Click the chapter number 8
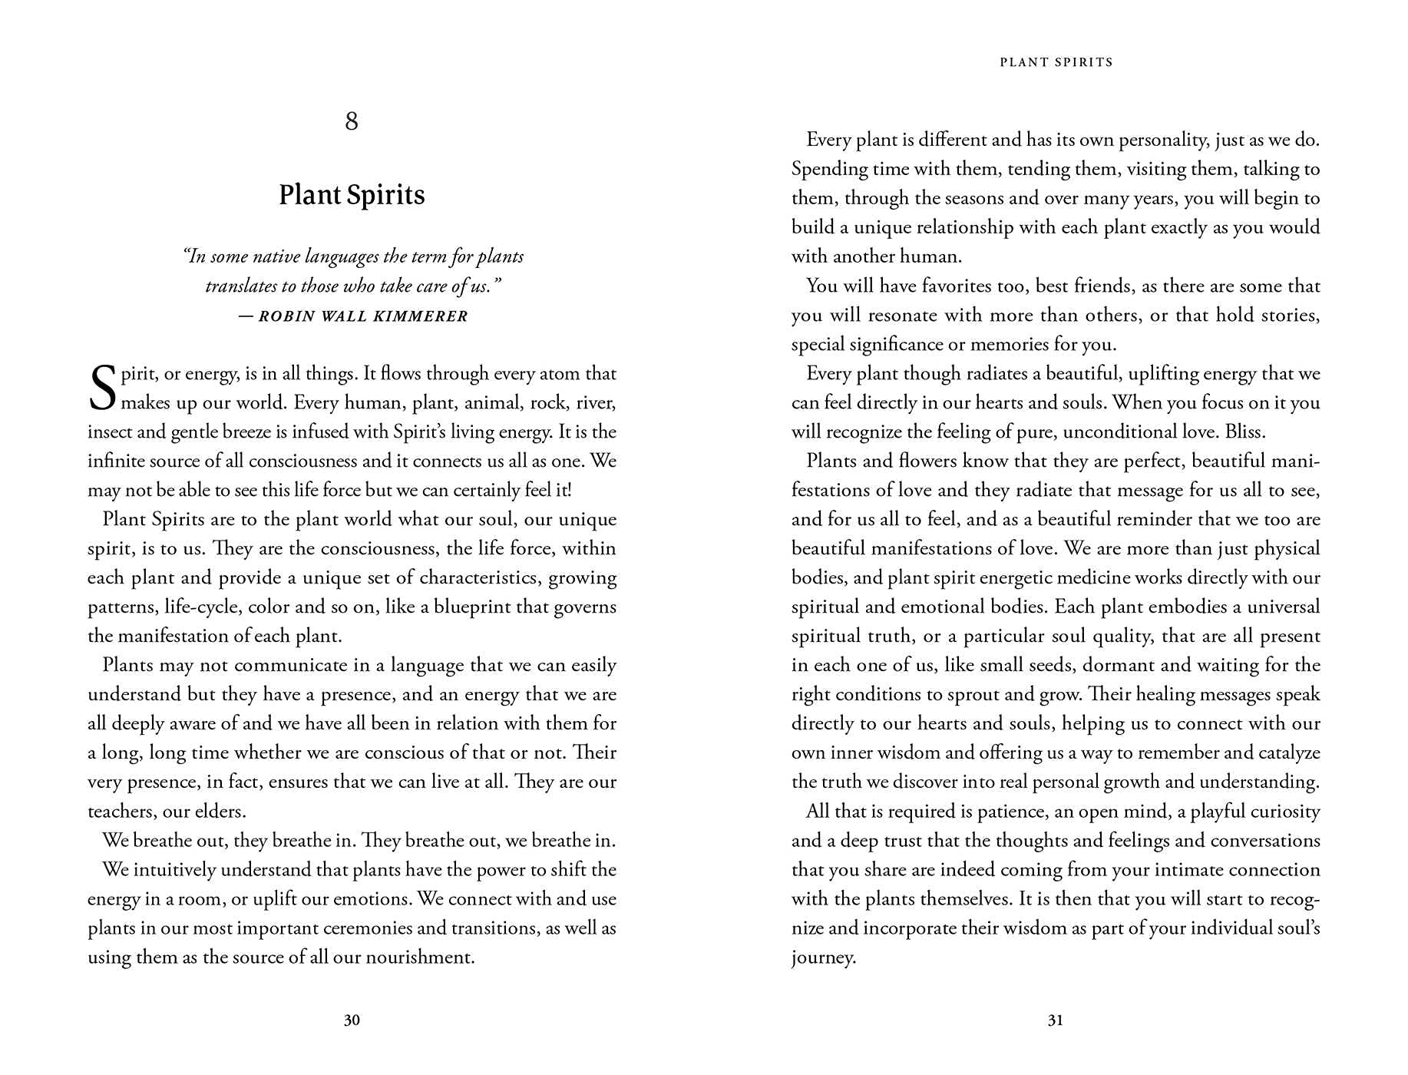pyautogui.click(x=352, y=121)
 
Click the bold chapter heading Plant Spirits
pyautogui.click(x=352, y=195)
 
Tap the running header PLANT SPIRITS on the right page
pyautogui.click(x=1056, y=62)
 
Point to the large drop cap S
pyautogui.click(x=102, y=389)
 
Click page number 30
pyautogui.click(x=352, y=1020)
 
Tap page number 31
pyautogui.click(x=1056, y=1020)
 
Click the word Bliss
pyautogui.click(x=1244, y=432)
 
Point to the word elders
pyautogui.click(x=219, y=812)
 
